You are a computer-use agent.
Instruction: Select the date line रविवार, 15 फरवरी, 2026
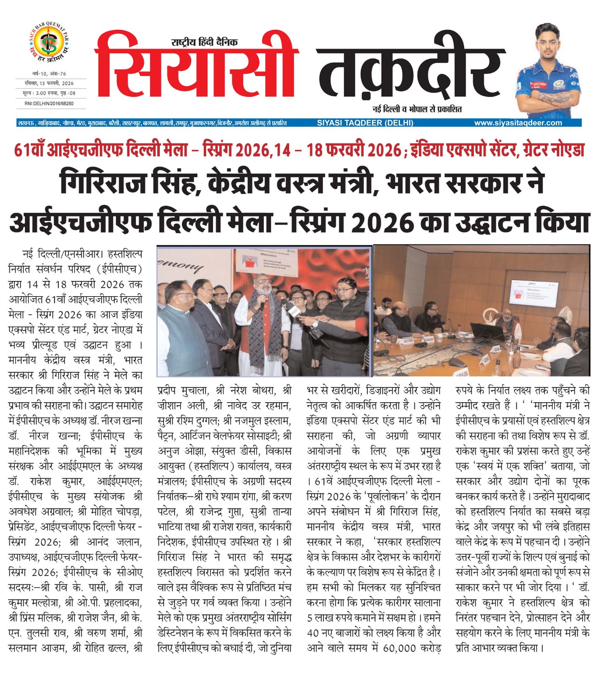[x=49, y=83]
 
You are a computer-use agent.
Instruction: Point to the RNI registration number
[x=49, y=103]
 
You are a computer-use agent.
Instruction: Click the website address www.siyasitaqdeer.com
[x=518, y=123]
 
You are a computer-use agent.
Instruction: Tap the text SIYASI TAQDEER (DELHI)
[x=365, y=123]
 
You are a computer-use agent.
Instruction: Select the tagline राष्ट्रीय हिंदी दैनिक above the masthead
[x=204, y=42]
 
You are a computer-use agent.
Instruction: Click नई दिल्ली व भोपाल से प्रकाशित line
[x=417, y=109]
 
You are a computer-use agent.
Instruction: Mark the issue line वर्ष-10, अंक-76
[x=49, y=74]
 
